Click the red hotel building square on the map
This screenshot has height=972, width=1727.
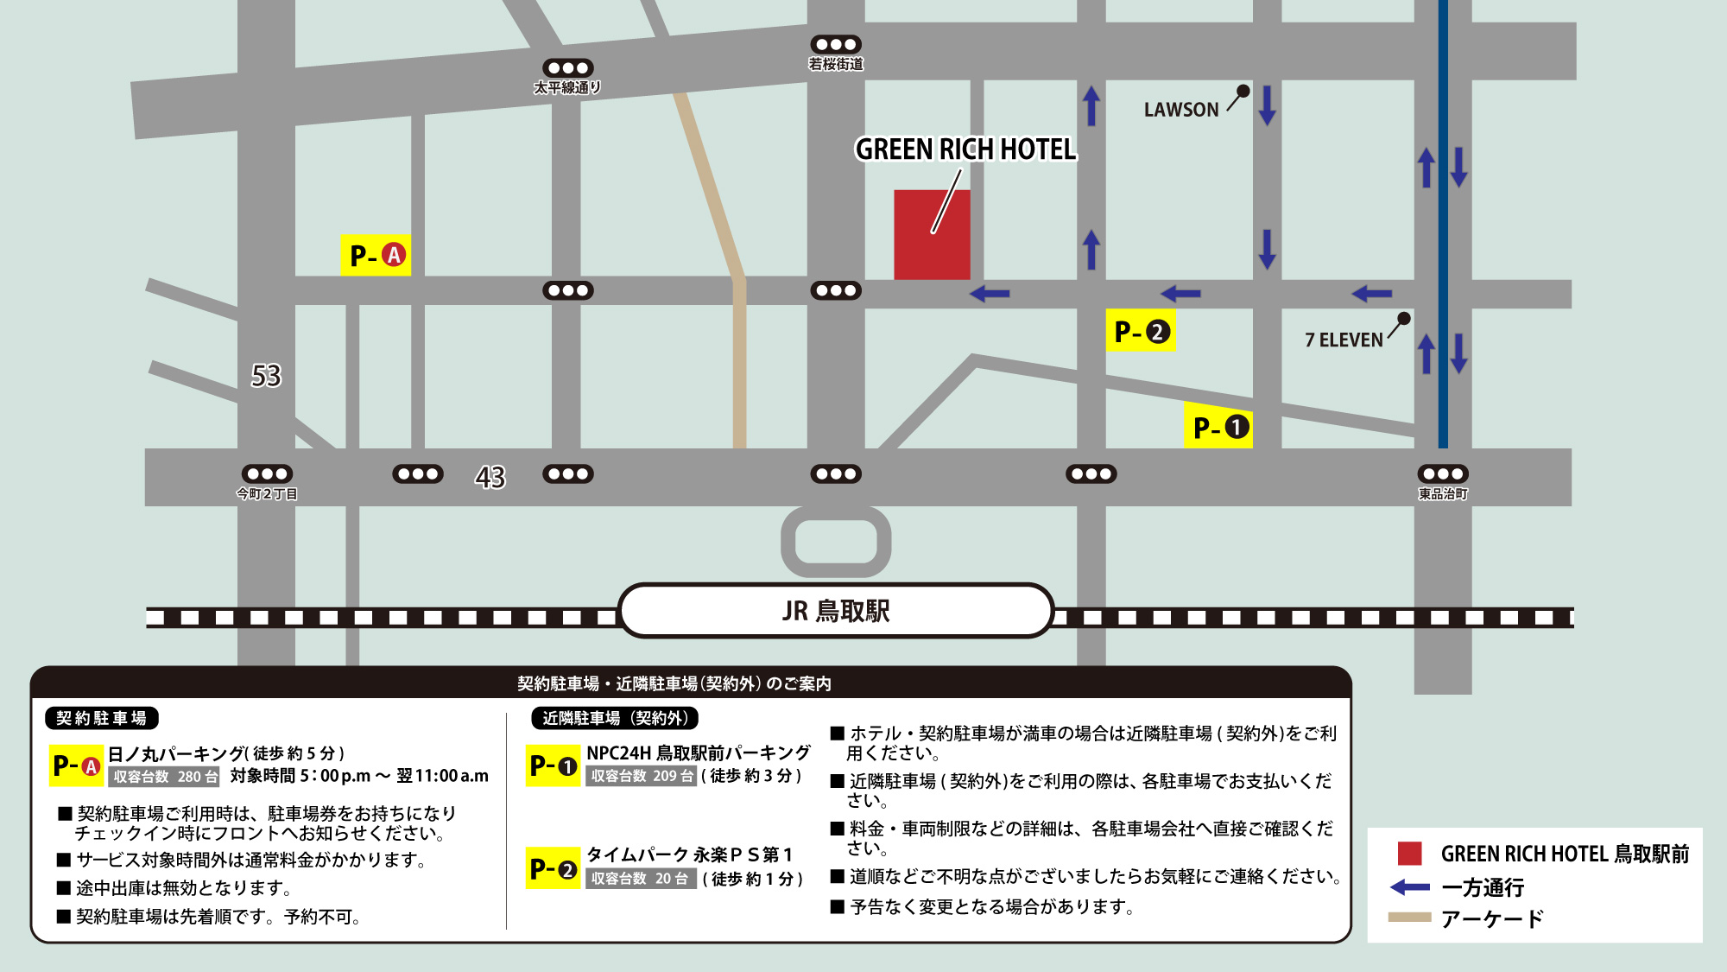(931, 235)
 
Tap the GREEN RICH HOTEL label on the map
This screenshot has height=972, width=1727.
(965, 149)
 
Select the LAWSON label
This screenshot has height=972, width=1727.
(1180, 110)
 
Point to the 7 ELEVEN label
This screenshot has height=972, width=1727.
(1344, 340)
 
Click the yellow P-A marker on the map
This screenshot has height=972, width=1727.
(376, 255)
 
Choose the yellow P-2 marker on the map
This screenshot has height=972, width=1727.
(1140, 331)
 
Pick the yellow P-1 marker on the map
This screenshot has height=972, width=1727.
(1218, 427)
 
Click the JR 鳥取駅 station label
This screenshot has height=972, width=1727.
(836, 611)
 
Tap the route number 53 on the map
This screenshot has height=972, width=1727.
(266, 376)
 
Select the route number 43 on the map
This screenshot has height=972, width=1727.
(490, 477)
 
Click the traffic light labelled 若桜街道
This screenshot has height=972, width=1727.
(836, 44)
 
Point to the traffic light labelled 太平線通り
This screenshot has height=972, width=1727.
(567, 67)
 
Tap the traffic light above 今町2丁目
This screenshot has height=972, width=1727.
(267, 473)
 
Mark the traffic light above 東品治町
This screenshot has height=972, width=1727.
(1443, 473)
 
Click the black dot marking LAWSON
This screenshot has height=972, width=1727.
(1243, 91)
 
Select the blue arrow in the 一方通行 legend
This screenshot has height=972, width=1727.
(1410, 887)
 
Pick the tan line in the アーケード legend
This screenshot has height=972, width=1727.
(1410, 918)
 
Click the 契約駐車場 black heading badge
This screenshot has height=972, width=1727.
(102, 718)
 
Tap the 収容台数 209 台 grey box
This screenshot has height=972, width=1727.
(642, 776)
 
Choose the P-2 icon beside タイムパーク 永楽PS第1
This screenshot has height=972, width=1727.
(553, 868)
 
